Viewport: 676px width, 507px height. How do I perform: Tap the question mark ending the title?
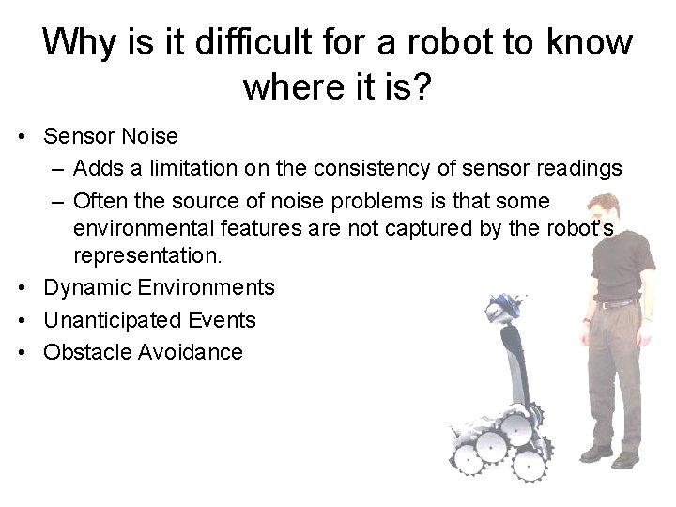(x=422, y=87)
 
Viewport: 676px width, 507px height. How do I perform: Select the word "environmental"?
(x=139, y=227)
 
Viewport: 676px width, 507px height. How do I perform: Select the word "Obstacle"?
(x=84, y=353)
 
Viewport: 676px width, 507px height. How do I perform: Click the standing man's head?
(x=625, y=207)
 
